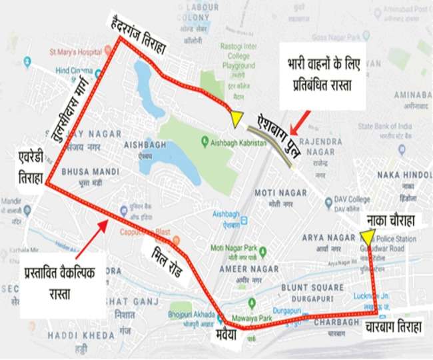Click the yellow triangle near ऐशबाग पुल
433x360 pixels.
click(x=235, y=118)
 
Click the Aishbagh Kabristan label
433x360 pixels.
click(x=238, y=142)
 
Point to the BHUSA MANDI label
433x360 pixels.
click(x=81, y=171)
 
